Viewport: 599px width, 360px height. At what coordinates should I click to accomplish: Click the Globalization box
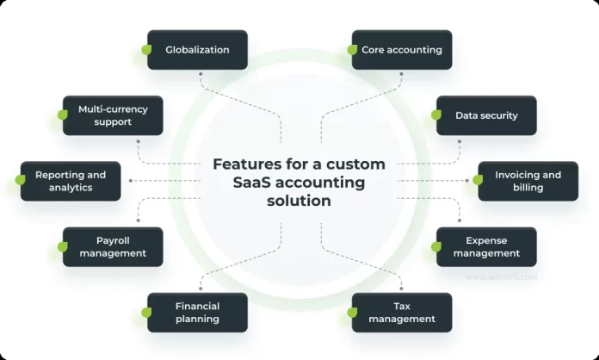[198, 50]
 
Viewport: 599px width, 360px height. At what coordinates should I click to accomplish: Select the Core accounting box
[402, 50]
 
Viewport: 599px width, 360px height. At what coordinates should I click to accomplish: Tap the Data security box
[486, 115]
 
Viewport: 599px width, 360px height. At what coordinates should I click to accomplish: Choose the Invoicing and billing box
[528, 181]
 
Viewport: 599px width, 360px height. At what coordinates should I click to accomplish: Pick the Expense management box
[486, 247]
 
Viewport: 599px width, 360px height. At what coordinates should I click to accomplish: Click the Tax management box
[402, 313]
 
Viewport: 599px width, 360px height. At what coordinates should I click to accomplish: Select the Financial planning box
[198, 313]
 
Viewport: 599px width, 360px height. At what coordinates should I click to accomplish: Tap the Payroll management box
[113, 247]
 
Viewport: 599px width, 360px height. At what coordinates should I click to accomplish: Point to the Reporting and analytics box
[71, 181]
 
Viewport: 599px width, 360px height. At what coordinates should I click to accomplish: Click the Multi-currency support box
[113, 115]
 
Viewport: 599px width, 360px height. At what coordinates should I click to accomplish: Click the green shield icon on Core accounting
[352, 50]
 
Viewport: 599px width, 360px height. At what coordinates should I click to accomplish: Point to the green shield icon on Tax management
[352, 313]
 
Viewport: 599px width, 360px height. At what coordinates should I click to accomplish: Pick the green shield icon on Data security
[436, 115]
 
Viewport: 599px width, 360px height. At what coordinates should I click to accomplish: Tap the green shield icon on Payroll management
[63, 247]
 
